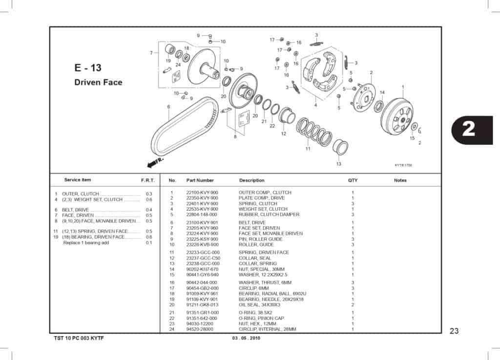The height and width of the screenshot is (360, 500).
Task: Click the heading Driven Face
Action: click(98, 82)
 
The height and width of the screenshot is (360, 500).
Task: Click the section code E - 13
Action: click(88, 68)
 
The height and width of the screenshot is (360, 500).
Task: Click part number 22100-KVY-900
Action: click(202, 193)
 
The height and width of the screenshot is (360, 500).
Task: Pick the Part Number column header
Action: click(200, 180)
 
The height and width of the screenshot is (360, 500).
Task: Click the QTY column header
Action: click(353, 180)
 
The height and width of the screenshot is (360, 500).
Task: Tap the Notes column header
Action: click(400, 180)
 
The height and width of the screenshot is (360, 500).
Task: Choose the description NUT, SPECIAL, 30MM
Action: click(261, 269)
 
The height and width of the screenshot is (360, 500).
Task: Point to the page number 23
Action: click(454, 331)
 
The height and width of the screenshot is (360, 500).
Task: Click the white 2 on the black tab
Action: click(468, 128)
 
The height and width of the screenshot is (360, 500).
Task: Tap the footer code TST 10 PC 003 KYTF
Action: click(79, 339)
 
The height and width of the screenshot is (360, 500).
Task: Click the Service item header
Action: click(78, 180)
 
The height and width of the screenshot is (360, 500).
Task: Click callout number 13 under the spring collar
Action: click(338, 164)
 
